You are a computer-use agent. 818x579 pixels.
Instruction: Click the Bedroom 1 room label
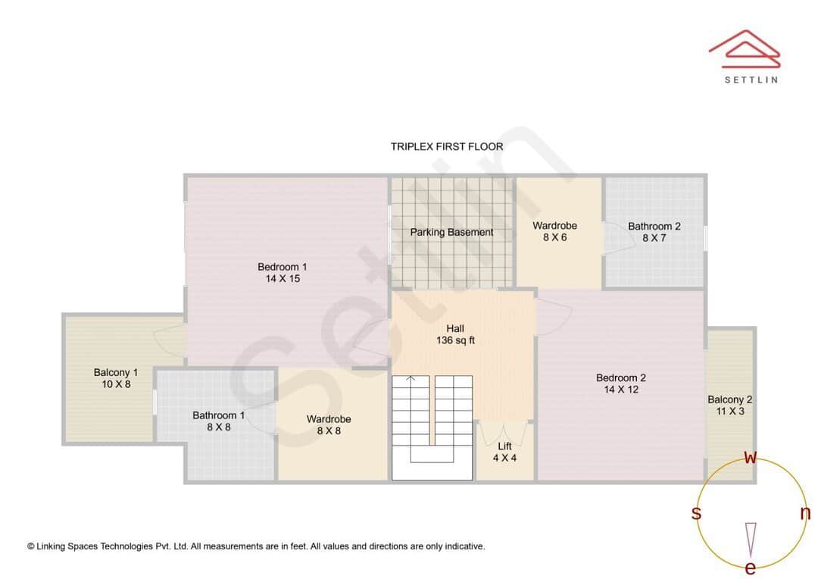click(282, 273)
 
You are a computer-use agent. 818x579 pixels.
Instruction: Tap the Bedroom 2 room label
click(620, 383)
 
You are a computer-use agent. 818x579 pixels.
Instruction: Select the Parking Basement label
click(451, 233)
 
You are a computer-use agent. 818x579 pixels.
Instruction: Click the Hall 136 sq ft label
click(455, 334)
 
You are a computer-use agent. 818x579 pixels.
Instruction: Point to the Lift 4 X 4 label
click(504, 452)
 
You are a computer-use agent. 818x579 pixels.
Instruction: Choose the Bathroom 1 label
click(218, 421)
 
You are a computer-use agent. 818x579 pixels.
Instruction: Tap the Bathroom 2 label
click(654, 232)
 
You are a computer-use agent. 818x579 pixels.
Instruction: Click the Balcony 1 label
click(116, 378)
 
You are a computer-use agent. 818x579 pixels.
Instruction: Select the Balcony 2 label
click(729, 405)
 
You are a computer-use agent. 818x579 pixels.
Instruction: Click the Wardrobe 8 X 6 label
click(554, 231)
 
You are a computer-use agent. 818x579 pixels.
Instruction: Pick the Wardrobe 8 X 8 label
click(329, 424)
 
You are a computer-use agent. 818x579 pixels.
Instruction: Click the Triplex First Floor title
click(447, 147)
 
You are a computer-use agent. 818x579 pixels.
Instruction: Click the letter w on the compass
click(751, 457)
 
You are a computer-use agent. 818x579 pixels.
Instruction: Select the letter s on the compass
click(696, 513)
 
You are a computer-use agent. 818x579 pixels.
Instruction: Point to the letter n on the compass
click(805, 513)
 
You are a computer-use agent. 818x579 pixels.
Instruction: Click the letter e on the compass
click(751, 568)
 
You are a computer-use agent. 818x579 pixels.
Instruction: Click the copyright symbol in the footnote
click(31, 546)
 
